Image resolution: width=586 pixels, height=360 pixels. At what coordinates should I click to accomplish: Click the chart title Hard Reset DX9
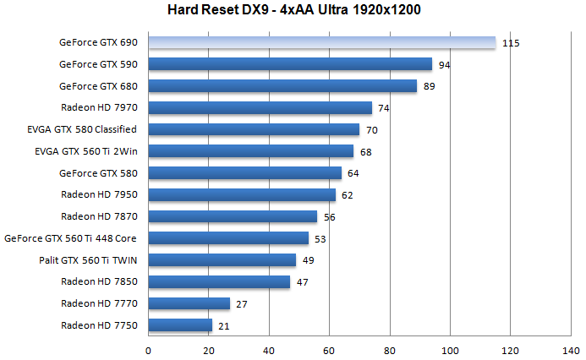click(293, 11)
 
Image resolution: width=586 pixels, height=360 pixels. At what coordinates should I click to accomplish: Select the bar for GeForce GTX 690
click(322, 42)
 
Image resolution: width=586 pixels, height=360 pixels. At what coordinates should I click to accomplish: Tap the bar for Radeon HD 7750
click(181, 325)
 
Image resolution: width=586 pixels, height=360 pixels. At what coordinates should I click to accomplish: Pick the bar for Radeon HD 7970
click(260, 107)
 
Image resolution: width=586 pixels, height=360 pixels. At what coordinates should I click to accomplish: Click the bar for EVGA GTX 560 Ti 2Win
click(251, 151)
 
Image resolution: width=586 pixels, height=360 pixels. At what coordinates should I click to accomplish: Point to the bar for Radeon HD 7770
click(189, 303)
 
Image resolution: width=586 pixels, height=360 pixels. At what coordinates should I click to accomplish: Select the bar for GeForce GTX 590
click(290, 64)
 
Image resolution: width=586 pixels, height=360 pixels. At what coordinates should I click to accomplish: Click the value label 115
click(510, 42)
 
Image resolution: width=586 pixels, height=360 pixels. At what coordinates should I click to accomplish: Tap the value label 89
click(430, 86)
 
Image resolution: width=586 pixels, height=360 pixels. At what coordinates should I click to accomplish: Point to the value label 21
click(225, 325)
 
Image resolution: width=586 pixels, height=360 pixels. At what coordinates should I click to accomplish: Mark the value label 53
click(321, 238)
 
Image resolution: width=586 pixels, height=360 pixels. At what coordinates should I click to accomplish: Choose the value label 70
click(372, 130)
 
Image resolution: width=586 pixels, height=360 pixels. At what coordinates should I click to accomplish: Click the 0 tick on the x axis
click(149, 349)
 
